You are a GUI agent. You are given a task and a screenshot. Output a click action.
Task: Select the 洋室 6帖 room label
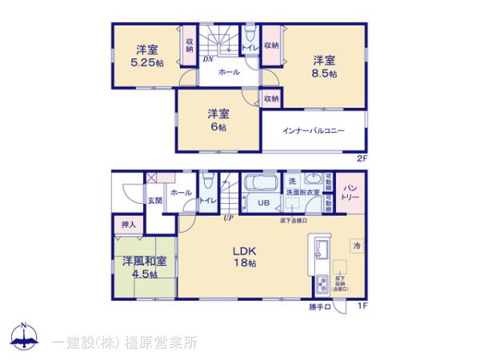(x=217, y=119)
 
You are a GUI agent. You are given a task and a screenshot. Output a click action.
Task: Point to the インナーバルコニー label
(x=314, y=130)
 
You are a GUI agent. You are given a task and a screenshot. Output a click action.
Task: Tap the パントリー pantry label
(x=350, y=192)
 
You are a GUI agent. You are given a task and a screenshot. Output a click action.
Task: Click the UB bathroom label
(x=262, y=202)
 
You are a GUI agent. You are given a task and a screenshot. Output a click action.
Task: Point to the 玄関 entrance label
(x=154, y=200)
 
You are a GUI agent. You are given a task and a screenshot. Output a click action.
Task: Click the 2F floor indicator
(x=362, y=158)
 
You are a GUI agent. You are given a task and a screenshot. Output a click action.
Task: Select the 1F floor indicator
(x=361, y=305)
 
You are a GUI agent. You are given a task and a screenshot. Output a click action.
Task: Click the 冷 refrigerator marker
(x=356, y=246)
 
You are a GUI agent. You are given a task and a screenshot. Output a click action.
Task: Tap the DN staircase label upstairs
(x=207, y=58)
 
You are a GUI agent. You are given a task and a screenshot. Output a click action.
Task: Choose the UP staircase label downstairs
(x=228, y=218)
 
